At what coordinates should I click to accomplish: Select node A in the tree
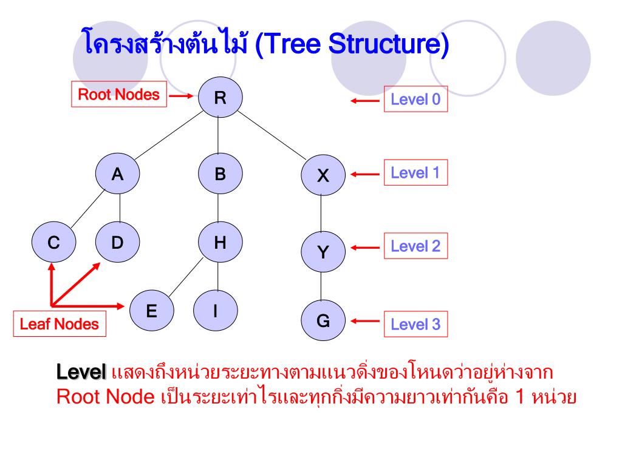pyautogui.click(x=117, y=175)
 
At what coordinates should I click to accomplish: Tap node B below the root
pyautogui.click(x=220, y=175)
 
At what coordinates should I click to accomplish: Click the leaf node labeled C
pyautogui.click(x=54, y=243)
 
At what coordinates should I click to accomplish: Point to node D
pyautogui.click(x=117, y=243)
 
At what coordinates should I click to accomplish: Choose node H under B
pyautogui.click(x=220, y=243)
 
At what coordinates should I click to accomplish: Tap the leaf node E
pyautogui.click(x=151, y=311)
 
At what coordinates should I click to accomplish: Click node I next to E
pyautogui.click(x=216, y=311)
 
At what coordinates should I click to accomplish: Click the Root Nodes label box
pyautogui.click(x=119, y=95)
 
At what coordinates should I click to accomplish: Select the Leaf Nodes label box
pyautogui.click(x=59, y=324)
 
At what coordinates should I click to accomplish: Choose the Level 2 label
pyautogui.click(x=415, y=247)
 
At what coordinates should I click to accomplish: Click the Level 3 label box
pyautogui.click(x=415, y=325)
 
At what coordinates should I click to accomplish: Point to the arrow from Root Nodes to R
pyautogui.click(x=181, y=96)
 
